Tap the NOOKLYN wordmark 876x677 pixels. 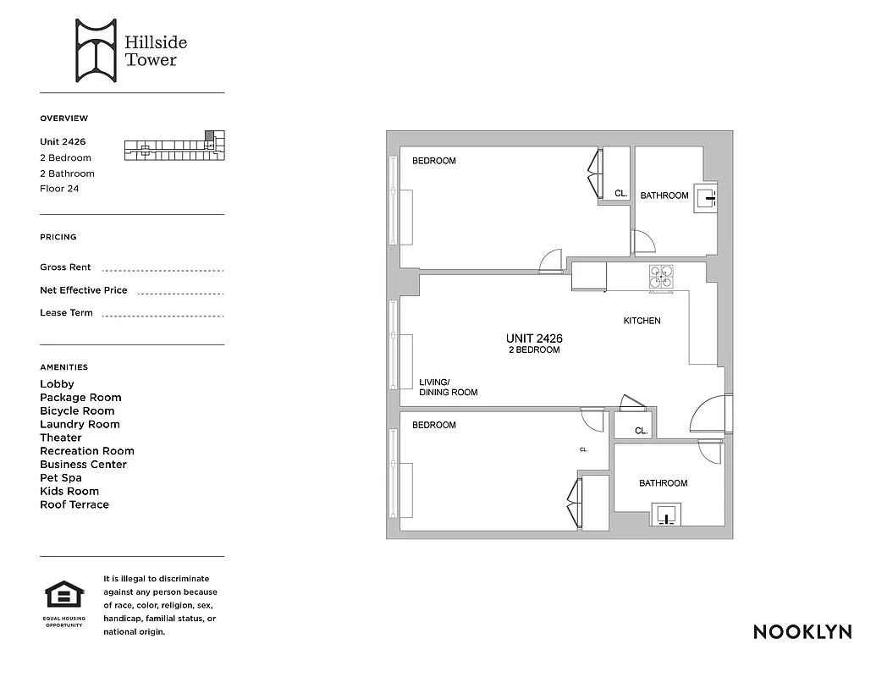coord(802,631)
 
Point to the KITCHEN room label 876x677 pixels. coord(642,321)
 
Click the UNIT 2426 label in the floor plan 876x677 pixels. coord(534,338)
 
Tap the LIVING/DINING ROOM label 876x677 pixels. coord(448,387)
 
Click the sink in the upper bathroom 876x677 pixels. coord(705,199)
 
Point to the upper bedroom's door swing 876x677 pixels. coord(551,261)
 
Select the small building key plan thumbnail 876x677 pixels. coord(175,146)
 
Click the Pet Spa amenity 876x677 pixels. coord(61,477)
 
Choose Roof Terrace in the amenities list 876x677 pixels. coord(74,504)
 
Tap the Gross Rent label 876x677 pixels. coord(65,267)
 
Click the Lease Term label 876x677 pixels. coord(66,312)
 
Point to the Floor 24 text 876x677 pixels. coord(59,189)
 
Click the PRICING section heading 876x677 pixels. coord(58,237)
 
